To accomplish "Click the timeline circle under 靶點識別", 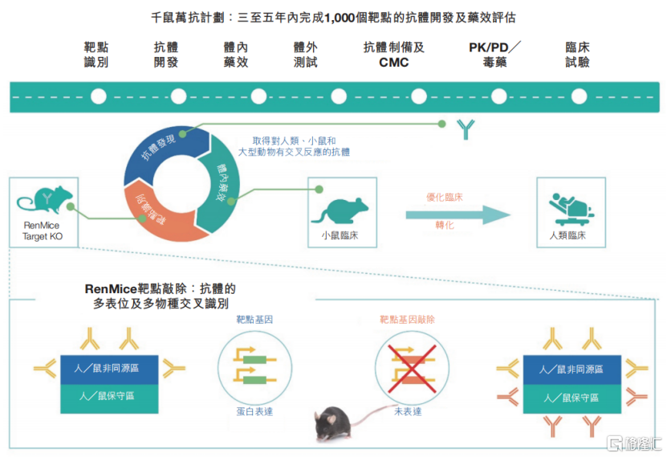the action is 98,96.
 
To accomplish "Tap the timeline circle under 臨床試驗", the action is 579,96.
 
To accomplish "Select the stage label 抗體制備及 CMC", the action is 394,55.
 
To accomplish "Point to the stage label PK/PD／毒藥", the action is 494,55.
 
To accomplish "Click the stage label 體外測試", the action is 306,55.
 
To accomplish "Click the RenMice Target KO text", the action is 42,231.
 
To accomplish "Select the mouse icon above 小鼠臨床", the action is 340,210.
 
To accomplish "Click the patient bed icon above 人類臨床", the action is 571,209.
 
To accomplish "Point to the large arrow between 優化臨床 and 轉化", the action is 458,215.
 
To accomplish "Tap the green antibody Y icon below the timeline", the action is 466,129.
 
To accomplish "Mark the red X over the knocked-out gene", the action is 412,369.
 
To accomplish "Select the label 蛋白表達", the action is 254,411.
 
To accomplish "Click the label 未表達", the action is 408,411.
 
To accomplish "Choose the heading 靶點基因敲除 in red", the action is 407,320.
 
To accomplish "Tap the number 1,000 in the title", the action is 340,18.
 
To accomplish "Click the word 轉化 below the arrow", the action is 445,225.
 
